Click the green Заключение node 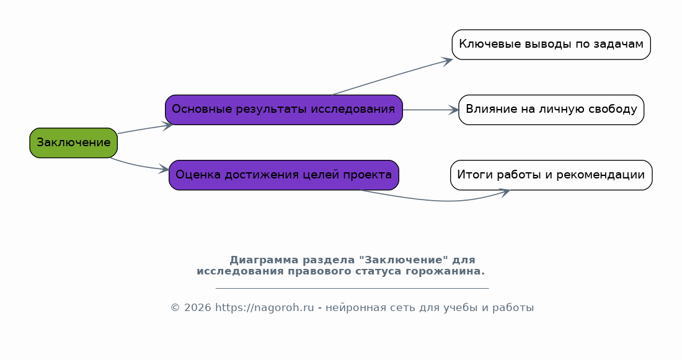(x=74, y=143)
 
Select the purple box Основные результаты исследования (x=284, y=110)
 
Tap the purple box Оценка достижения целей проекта (x=284, y=175)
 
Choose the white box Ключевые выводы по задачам (x=551, y=45)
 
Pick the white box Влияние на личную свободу (x=551, y=110)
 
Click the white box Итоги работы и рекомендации (x=551, y=175)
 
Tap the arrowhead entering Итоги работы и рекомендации (x=505, y=191)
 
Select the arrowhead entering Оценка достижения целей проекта (x=164, y=169)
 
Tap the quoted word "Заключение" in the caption (x=403, y=260)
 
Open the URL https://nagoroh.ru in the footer (x=265, y=308)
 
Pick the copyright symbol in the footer (x=175, y=308)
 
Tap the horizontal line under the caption (x=352, y=288)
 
